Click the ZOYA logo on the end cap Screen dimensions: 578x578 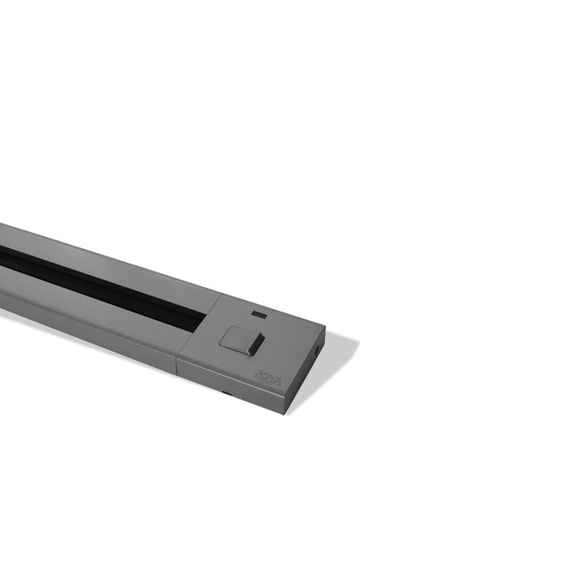[267, 378]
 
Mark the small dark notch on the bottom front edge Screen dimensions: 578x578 [226, 394]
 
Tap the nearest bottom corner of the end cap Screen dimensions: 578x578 [287, 413]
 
